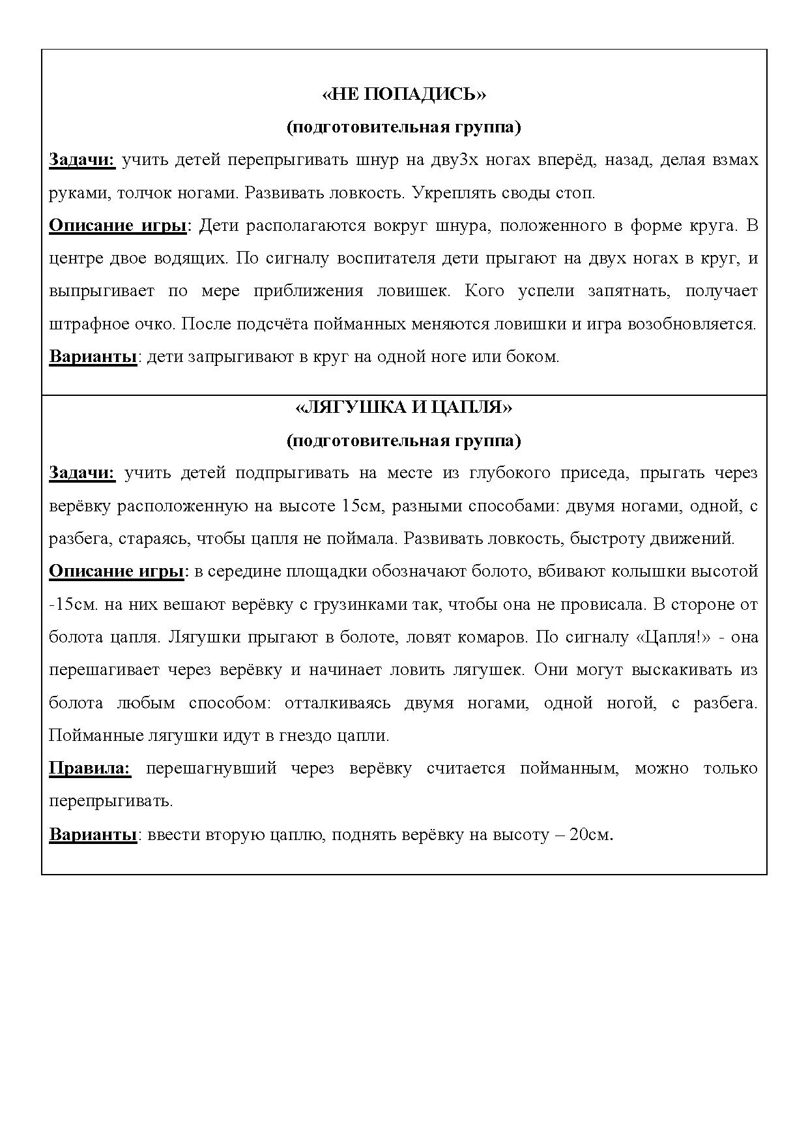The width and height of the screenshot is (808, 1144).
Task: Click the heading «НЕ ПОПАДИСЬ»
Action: [x=404, y=95]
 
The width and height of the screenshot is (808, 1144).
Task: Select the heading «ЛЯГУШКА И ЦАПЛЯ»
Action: [x=404, y=408]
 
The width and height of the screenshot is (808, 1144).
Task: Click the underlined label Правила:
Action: [x=90, y=768]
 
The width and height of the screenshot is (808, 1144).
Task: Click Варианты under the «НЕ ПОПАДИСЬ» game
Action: [x=93, y=357]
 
